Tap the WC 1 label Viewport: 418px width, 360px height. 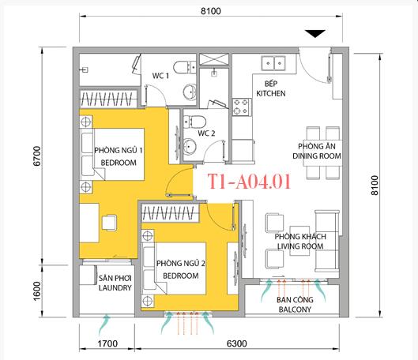tap(162, 77)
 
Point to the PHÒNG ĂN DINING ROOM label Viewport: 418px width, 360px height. tap(319, 152)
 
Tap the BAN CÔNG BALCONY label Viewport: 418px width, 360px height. tap(290, 305)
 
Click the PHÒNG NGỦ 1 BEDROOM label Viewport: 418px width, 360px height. tap(115, 156)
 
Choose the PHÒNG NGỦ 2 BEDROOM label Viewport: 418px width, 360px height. tap(177, 270)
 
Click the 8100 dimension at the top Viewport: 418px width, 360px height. tap(209, 11)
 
